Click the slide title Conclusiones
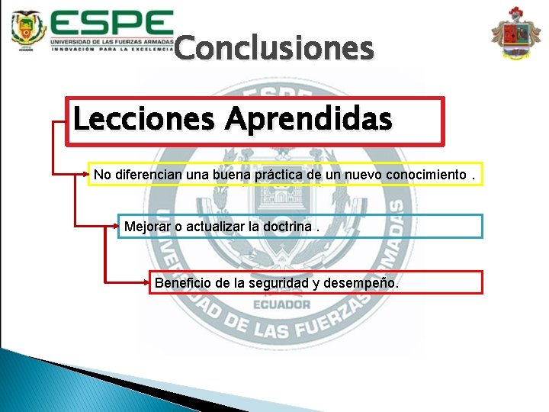pos(274,49)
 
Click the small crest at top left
pos(28,30)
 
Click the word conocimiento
pos(423,175)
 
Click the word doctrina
pos(285,227)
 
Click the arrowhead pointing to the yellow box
pos(85,175)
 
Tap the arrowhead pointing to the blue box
pos(116,226)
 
